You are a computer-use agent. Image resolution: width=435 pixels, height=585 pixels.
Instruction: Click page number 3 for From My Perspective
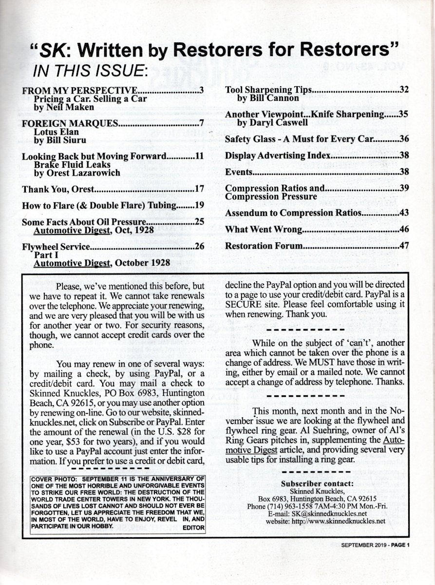201,91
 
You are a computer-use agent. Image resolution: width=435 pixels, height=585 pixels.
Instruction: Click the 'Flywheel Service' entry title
56,247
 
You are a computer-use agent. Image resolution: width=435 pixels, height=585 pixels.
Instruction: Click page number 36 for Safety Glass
404,139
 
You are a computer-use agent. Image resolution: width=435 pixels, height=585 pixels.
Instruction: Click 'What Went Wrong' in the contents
264,229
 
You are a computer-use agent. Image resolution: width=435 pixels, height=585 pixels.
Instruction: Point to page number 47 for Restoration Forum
404,246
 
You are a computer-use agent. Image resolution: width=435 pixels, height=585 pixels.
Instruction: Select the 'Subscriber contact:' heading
318,484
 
